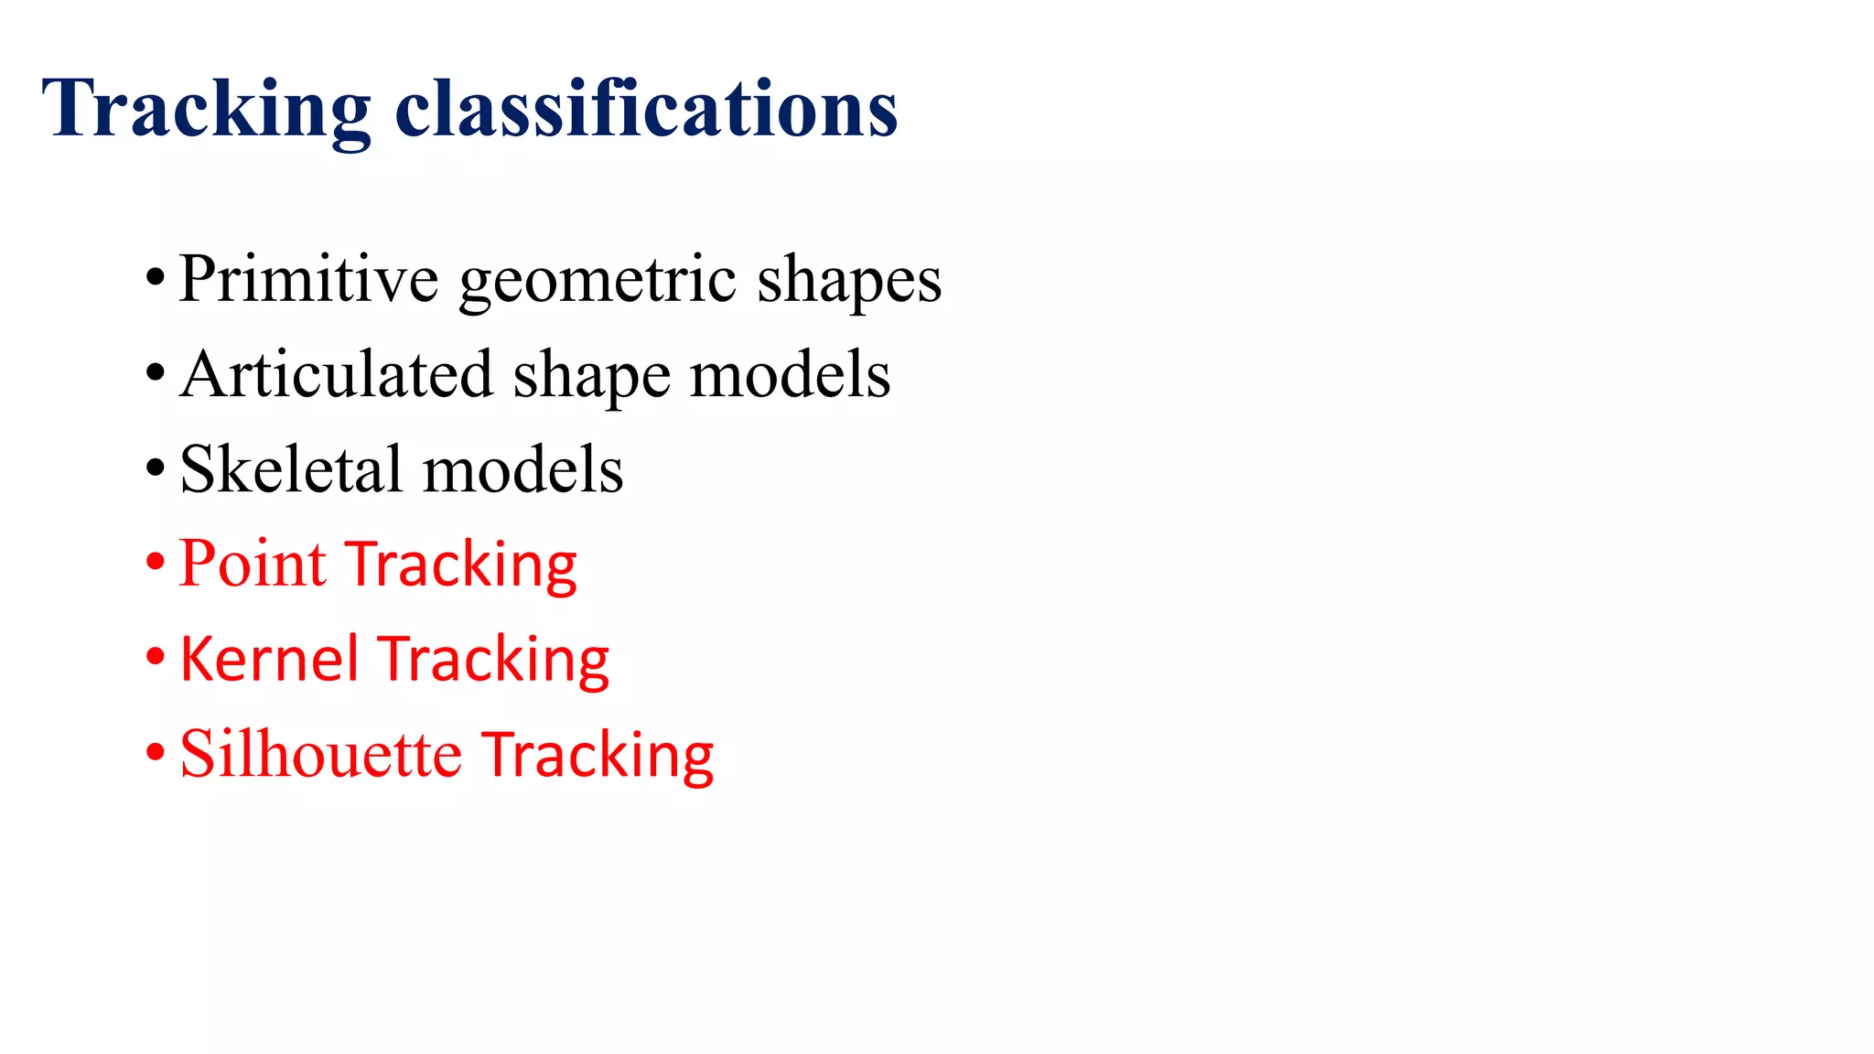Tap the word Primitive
click(x=308, y=278)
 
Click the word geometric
click(x=597, y=280)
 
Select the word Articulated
click(x=336, y=374)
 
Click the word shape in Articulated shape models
click(x=591, y=376)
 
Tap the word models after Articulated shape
click(x=790, y=374)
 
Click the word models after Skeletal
click(x=522, y=469)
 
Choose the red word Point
click(x=253, y=564)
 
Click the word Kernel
click(x=269, y=659)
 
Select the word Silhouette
click(x=320, y=754)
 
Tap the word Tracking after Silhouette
click(x=598, y=756)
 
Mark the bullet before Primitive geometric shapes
click(x=156, y=277)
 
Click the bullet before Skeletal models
click(x=156, y=468)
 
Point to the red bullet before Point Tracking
click(x=156, y=563)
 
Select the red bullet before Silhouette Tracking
click(x=156, y=753)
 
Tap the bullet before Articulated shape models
click(x=156, y=373)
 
